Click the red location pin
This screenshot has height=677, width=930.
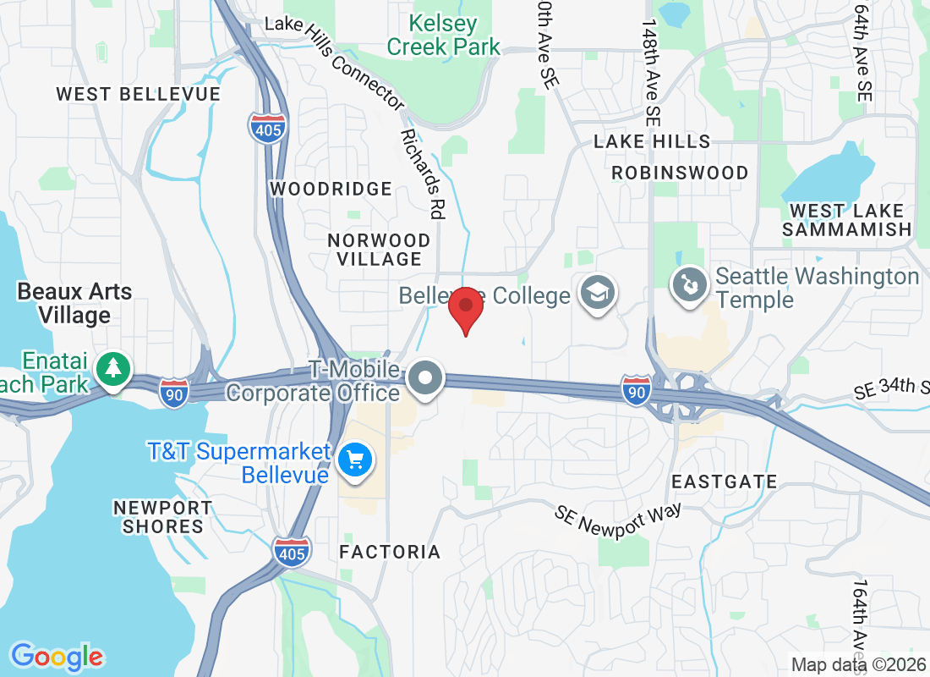[465, 309]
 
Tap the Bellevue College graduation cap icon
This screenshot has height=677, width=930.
[598, 293]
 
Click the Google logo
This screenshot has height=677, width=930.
[57, 657]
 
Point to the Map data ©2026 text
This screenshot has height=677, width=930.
[858, 664]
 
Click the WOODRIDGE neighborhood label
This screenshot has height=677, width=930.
[331, 189]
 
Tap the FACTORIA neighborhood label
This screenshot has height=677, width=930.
[390, 553]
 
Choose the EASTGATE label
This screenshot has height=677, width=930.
[724, 482]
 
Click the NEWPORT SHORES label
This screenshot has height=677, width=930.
[163, 517]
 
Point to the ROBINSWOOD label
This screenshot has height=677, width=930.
[680, 173]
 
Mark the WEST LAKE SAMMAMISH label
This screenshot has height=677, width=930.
[846, 220]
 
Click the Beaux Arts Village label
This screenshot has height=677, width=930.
[75, 304]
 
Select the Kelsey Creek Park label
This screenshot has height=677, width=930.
[444, 36]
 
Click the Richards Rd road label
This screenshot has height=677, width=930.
[423, 174]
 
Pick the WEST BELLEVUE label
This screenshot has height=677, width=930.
[138, 94]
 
